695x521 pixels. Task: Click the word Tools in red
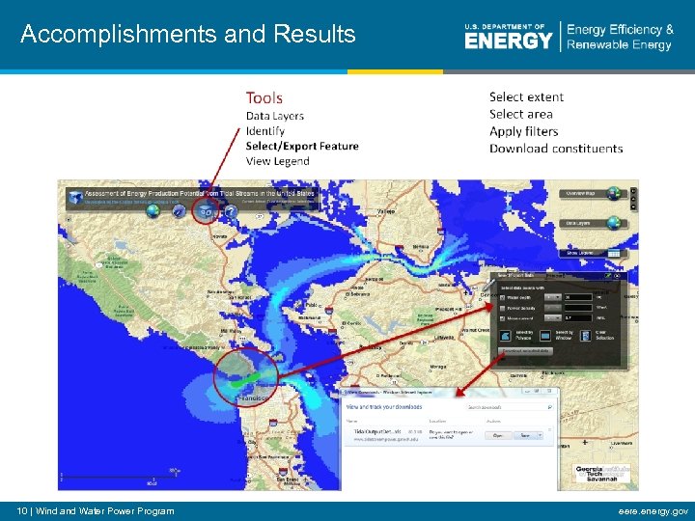click(264, 97)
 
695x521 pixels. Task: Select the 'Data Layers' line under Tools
click(274, 116)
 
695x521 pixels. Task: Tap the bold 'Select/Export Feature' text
click(301, 147)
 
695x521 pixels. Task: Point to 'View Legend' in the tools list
click(277, 161)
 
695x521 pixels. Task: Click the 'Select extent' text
click(526, 96)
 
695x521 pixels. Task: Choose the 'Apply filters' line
click(523, 131)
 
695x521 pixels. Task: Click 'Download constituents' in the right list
click(555, 149)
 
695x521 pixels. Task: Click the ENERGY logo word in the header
click(508, 40)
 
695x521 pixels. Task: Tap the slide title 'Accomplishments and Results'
click(188, 35)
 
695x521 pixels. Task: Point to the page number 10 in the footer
click(23, 510)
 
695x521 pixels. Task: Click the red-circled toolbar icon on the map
click(205, 209)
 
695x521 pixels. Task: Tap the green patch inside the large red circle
click(238, 382)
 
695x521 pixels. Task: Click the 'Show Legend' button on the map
click(606, 253)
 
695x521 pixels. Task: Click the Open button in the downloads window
click(498, 436)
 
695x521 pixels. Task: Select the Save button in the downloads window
click(527, 436)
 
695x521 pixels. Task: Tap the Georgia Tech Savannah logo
click(602, 476)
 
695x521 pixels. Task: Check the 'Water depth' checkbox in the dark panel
click(501, 297)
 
